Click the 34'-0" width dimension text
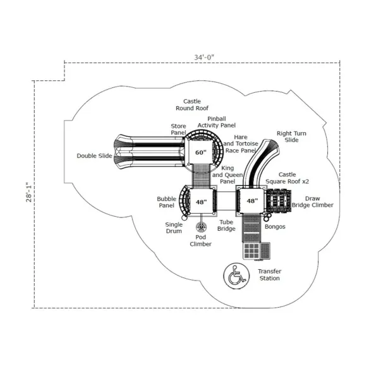click(x=204, y=58)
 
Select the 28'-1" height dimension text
click(x=29, y=192)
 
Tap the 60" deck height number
click(x=201, y=152)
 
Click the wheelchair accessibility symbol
click(x=236, y=276)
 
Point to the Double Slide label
click(x=95, y=156)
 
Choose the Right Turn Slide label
click(x=291, y=136)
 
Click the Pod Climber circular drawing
click(x=201, y=227)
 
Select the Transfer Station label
click(x=270, y=275)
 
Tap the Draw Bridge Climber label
click(x=312, y=202)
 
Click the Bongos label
click(x=275, y=227)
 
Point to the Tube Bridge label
click(x=226, y=226)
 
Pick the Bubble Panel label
click(x=167, y=202)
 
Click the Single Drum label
click(x=174, y=227)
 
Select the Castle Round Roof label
click(x=192, y=105)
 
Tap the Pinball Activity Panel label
click(x=217, y=122)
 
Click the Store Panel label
click(x=178, y=130)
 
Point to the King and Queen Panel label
click(x=227, y=175)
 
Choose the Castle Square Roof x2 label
click(x=288, y=178)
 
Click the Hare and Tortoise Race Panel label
click(x=241, y=144)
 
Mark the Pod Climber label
click(x=201, y=241)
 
